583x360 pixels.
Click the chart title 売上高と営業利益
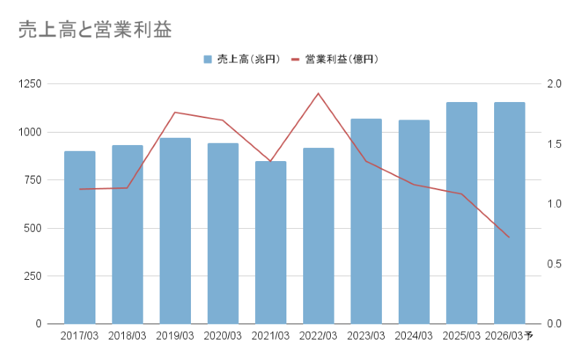point(95,29)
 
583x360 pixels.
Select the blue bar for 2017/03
point(79,237)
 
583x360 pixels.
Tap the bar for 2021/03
point(270,242)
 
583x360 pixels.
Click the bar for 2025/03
point(461,213)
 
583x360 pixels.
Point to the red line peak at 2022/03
point(318,93)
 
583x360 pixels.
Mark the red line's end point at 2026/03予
point(509,238)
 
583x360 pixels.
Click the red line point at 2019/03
point(175,112)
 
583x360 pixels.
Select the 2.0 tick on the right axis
point(554,84)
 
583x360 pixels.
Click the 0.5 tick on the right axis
point(554,264)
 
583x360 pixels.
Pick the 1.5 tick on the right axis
point(554,144)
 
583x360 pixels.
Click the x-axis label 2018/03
point(128,336)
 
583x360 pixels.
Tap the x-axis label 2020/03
point(223,336)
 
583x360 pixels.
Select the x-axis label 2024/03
point(414,336)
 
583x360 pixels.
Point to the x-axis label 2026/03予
point(510,336)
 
